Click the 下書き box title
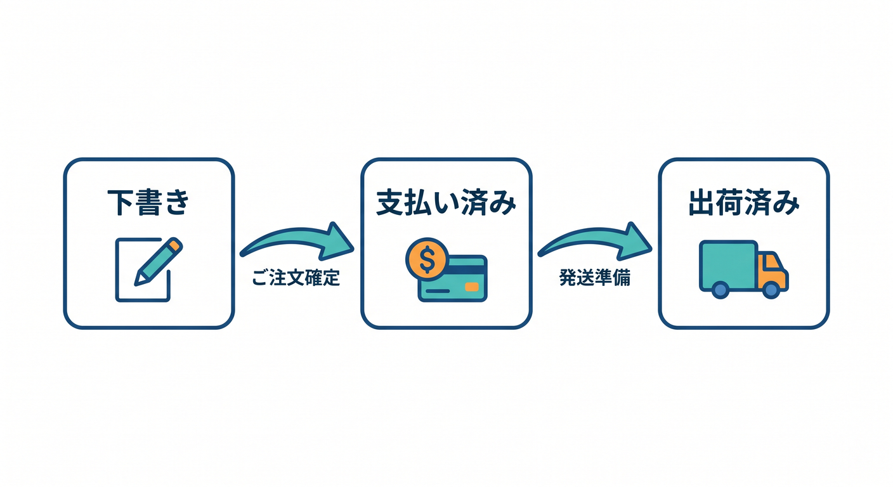(x=148, y=203)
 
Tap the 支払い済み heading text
(x=446, y=203)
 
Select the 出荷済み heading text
(x=744, y=203)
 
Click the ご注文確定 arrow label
(x=296, y=278)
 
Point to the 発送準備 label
(x=594, y=278)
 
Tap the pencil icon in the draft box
(x=159, y=261)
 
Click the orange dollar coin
(x=427, y=259)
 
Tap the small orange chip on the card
(x=472, y=287)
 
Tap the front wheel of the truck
(x=771, y=290)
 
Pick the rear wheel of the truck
(x=720, y=290)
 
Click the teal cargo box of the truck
(x=728, y=265)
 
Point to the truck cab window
(x=772, y=261)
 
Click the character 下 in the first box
(x=121, y=203)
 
